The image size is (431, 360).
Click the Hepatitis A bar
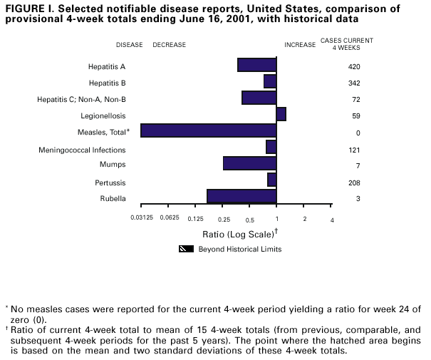coord(256,65)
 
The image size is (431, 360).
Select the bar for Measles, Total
coord(208,130)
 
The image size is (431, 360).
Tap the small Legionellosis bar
coord(281,114)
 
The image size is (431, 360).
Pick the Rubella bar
coord(242,196)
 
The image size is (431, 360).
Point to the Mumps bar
coord(249,163)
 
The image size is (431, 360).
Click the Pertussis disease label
coord(110,183)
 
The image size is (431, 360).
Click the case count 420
coord(354,67)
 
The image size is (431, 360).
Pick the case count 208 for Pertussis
coord(354,183)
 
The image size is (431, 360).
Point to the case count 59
coord(356,116)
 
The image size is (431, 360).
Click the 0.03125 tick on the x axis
coord(142,219)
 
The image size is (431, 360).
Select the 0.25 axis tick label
coord(223,219)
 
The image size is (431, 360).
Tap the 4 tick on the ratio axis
coord(332,219)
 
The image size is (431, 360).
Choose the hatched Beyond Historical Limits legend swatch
coord(187,250)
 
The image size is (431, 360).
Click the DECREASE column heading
coord(169,45)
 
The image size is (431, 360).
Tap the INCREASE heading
coord(300,45)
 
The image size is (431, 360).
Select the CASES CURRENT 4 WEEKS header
coord(356,44)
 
